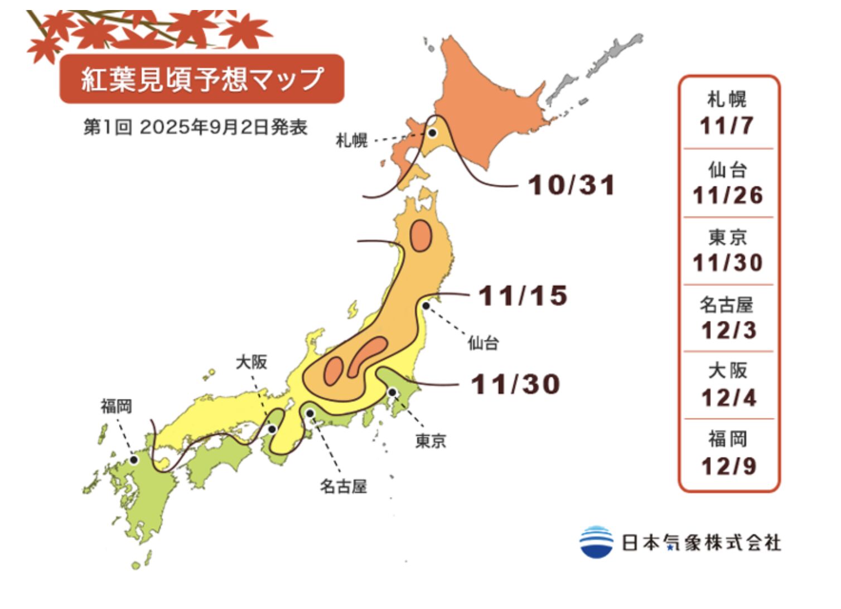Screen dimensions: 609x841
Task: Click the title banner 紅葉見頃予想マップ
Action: (201, 79)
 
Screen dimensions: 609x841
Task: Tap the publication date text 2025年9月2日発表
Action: (223, 127)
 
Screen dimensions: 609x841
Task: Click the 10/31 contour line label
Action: (571, 185)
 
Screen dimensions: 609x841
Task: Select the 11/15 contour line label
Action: (523, 296)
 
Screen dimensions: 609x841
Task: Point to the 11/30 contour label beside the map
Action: (515, 384)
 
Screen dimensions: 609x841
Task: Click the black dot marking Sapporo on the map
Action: (432, 133)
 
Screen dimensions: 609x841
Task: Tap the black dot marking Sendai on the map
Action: (426, 305)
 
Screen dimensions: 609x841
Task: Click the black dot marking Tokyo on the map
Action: (392, 393)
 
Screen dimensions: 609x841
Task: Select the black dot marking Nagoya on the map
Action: (310, 413)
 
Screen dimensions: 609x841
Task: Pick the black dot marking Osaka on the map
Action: (272, 429)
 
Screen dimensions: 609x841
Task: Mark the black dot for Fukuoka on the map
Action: (134, 460)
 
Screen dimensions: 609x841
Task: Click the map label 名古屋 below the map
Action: (343, 486)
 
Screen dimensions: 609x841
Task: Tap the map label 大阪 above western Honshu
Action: (252, 362)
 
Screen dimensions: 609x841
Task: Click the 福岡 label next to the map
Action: (117, 405)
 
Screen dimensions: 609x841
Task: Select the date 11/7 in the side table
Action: (727, 125)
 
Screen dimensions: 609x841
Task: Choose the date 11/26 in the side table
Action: (727, 195)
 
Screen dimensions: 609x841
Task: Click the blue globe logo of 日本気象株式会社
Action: (596, 542)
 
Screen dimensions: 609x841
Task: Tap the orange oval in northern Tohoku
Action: (421, 236)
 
